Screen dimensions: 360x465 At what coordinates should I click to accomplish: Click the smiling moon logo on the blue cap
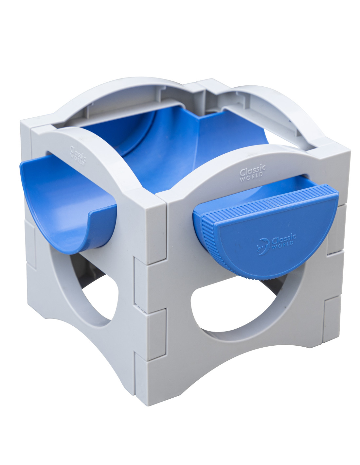click(263, 247)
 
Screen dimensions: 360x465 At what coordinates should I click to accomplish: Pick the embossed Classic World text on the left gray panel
click(78, 155)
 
